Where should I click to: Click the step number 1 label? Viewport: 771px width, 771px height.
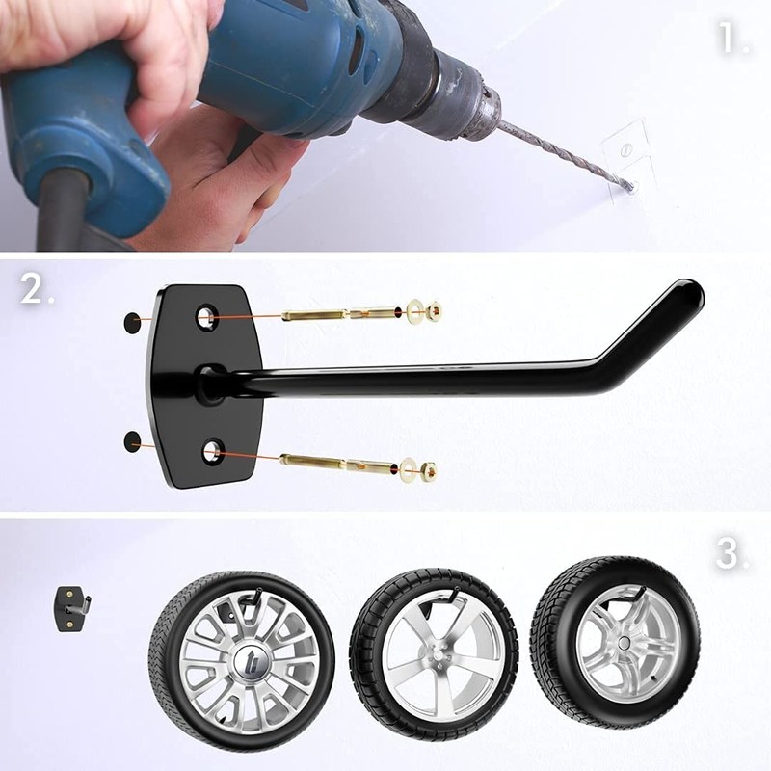click(733, 38)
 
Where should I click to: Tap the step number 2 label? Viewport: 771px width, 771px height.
click(37, 287)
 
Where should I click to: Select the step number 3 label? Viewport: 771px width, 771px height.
click(732, 553)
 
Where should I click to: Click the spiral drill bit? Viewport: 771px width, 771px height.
click(566, 156)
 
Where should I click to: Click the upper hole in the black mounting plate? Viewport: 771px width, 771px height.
click(207, 317)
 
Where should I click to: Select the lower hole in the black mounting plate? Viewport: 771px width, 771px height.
click(212, 451)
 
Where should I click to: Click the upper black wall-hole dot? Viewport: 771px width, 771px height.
click(132, 323)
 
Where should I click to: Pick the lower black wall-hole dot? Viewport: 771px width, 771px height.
click(133, 441)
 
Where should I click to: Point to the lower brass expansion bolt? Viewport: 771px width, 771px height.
click(339, 464)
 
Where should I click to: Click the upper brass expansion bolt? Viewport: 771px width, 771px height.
click(340, 312)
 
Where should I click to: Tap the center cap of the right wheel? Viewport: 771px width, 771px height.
click(625, 642)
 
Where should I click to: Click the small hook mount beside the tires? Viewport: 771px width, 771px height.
click(71, 609)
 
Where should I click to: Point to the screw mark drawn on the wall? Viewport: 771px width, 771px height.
click(625, 150)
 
